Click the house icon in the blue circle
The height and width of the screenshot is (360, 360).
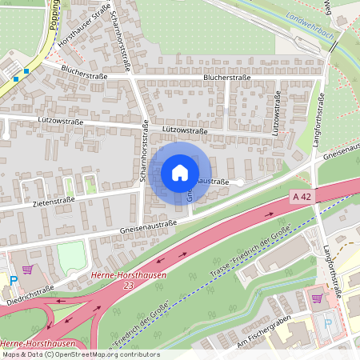tap(180, 173)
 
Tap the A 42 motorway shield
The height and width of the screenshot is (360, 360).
tap(302, 196)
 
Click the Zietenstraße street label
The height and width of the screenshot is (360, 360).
tap(54, 202)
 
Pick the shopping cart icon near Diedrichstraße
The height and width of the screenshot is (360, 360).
tap(29, 270)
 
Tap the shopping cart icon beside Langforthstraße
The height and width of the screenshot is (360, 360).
tap(318, 298)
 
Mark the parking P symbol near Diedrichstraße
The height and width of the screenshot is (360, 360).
tap(14, 280)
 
